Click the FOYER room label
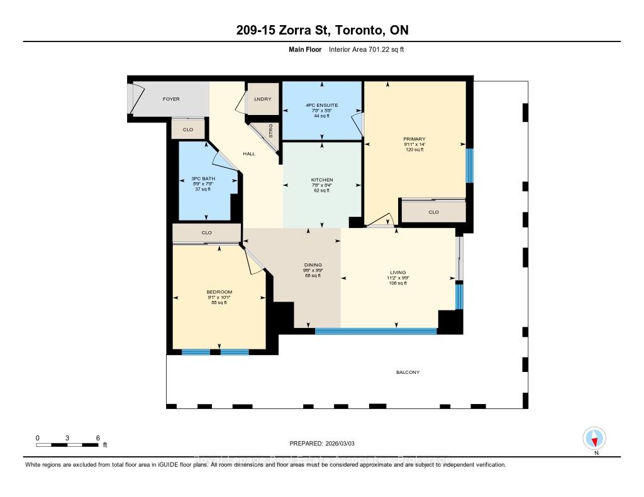pyautogui.click(x=171, y=99)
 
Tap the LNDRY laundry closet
pyautogui.click(x=262, y=99)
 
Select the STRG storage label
pyautogui.click(x=271, y=133)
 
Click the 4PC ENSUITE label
pyautogui.click(x=322, y=105)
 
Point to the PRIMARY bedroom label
pyautogui.click(x=414, y=139)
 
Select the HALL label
pyautogui.click(x=249, y=154)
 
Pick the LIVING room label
pyautogui.click(x=397, y=272)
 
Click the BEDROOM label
pyautogui.click(x=219, y=292)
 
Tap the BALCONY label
pyautogui.click(x=408, y=373)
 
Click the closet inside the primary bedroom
pyautogui.click(x=433, y=212)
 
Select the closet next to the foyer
pyautogui.click(x=188, y=129)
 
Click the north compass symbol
pyautogui.click(x=594, y=438)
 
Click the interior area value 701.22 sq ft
pyautogui.click(x=365, y=49)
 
